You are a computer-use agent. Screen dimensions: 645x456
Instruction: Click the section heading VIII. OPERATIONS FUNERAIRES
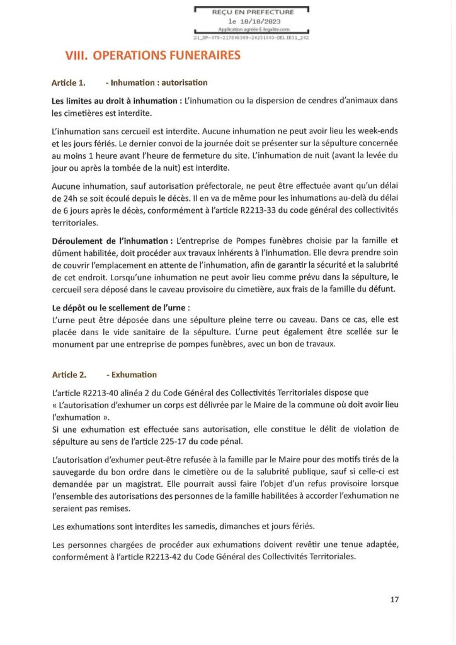point(153,56)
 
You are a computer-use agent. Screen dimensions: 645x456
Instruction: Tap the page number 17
point(394,599)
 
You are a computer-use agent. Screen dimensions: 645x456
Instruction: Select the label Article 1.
point(69,83)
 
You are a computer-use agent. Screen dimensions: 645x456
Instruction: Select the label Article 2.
point(69,375)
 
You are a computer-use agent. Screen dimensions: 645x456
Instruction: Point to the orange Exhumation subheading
point(134,375)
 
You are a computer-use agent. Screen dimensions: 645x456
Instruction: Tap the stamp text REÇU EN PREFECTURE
point(252,12)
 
